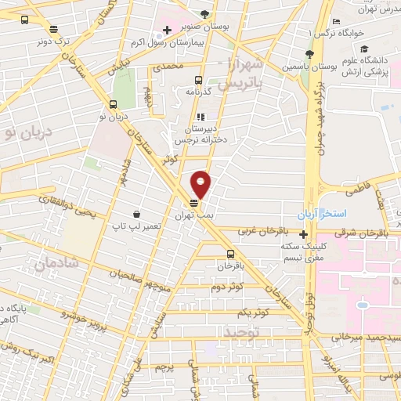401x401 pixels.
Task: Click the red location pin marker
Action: click(x=201, y=184)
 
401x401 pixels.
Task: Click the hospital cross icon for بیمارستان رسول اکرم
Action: click(x=166, y=31)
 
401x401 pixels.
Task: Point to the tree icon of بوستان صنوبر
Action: click(x=205, y=14)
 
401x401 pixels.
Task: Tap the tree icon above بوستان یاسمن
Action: click(x=309, y=54)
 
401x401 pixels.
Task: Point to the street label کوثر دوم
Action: click(x=227, y=287)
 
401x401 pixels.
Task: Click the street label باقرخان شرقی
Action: click(x=345, y=232)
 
